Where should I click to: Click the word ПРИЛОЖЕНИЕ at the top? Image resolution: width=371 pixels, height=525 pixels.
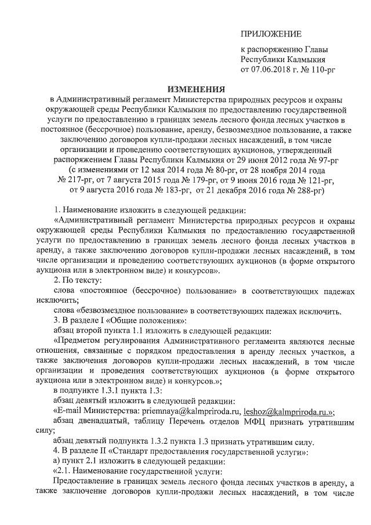271,35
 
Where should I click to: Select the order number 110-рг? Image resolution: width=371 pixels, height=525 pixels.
320,71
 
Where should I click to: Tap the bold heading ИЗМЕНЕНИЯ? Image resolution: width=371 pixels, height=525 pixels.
196,90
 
